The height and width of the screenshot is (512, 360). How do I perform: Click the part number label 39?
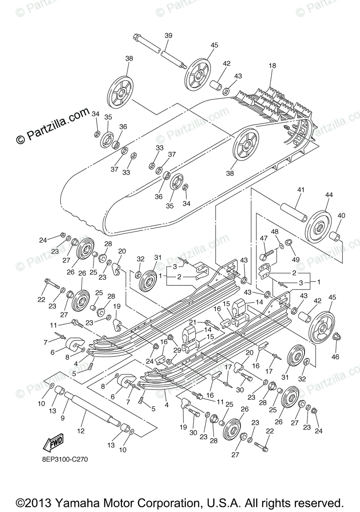pyautogui.click(x=168, y=36)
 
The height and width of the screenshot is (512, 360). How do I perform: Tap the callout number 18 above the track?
pyautogui.click(x=272, y=66)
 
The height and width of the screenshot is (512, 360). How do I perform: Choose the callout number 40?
pyautogui.click(x=342, y=216)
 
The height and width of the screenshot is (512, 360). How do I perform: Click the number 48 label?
pyautogui.click(x=275, y=232)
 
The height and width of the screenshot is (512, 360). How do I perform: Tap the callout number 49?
pyautogui.click(x=296, y=259)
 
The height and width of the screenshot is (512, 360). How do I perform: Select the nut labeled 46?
pyautogui.click(x=337, y=337)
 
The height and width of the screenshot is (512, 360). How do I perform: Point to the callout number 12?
pyautogui.click(x=81, y=431)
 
